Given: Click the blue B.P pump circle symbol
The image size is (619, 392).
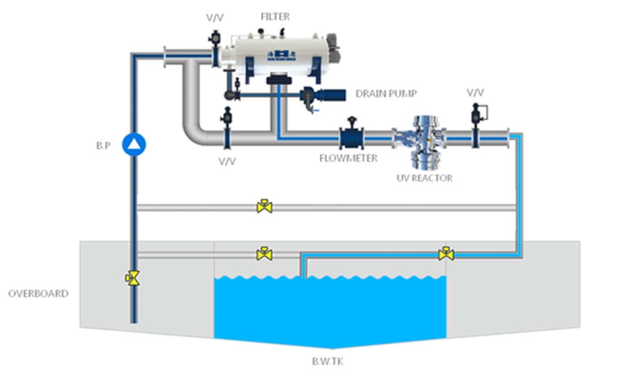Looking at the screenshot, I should click(x=135, y=144).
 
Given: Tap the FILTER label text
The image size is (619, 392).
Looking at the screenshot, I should click(x=274, y=14).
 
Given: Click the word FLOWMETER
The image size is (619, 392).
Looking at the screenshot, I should click(x=349, y=158).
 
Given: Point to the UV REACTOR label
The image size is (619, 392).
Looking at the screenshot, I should click(x=424, y=178).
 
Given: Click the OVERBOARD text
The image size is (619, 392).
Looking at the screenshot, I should click(x=38, y=294).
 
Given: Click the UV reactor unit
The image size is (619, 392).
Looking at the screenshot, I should click(x=424, y=137).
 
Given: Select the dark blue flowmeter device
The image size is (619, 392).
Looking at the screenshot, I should click(x=350, y=135).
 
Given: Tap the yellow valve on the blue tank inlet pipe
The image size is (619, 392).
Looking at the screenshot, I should click(x=446, y=254).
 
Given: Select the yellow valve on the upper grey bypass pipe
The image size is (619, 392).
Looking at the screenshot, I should click(x=263, y=207).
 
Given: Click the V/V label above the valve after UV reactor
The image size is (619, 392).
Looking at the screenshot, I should click(x=475, y=93).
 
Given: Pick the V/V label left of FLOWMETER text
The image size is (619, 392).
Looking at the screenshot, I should click(x=228, y=161).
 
